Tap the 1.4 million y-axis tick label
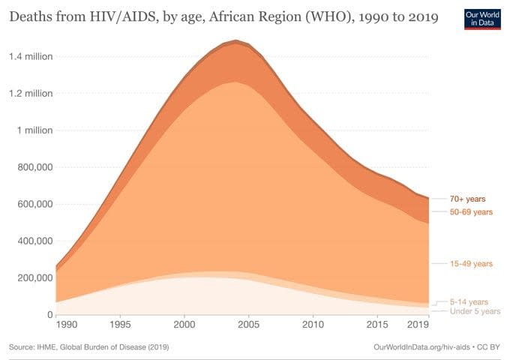[x=31, y=57]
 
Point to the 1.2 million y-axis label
[x=31, y=94]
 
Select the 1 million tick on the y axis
[x=36, y=130]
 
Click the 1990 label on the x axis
[x=67, y=325]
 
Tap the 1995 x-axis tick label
[x=120, y=325]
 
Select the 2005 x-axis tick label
[x=248, y=325]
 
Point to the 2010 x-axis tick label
[x=313, y=325]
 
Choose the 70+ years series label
[x=468, y=199]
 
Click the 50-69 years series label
[x=471, y=211]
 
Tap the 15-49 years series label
[x=471, y=264]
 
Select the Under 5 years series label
[x=475, y=311]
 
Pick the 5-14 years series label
[x=469, y=301]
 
